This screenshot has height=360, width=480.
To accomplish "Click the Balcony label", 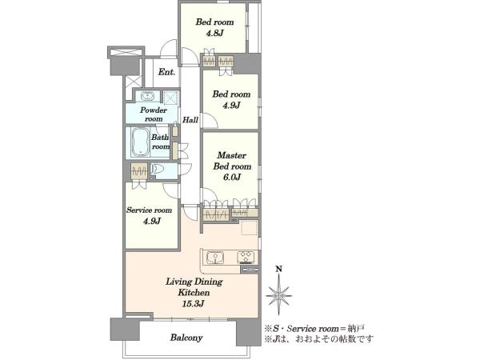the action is tap(186, 338).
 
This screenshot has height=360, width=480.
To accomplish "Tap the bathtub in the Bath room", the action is tap(140, 142).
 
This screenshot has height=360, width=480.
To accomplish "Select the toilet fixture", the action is tap(158, 170).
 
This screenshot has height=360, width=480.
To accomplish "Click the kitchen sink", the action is tap(215, 258).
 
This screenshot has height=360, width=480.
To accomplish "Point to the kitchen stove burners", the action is tap(246, 257).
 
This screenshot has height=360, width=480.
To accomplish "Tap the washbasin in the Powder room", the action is tap(147, 96).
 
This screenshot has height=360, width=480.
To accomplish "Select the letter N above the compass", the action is tap(279, 269).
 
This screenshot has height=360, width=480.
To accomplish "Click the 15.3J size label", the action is tap(194, 304).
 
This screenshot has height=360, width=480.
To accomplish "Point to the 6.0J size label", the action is tap(232, 177).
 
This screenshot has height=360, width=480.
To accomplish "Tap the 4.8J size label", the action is tap(214, 33).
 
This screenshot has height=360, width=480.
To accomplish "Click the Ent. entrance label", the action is tap(167, 72).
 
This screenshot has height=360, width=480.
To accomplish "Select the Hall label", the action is tap(190, 120).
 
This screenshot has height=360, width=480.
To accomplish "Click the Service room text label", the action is tap(149, 210).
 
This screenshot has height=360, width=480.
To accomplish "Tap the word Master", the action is tap(232, 155).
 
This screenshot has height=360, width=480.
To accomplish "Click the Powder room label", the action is tap(154, 114).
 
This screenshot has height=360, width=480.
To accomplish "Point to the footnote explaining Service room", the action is tap(314, 329).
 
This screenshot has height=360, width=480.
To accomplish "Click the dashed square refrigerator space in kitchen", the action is tap(250, 227).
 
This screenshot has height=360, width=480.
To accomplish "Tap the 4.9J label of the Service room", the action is tap(152, 221).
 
